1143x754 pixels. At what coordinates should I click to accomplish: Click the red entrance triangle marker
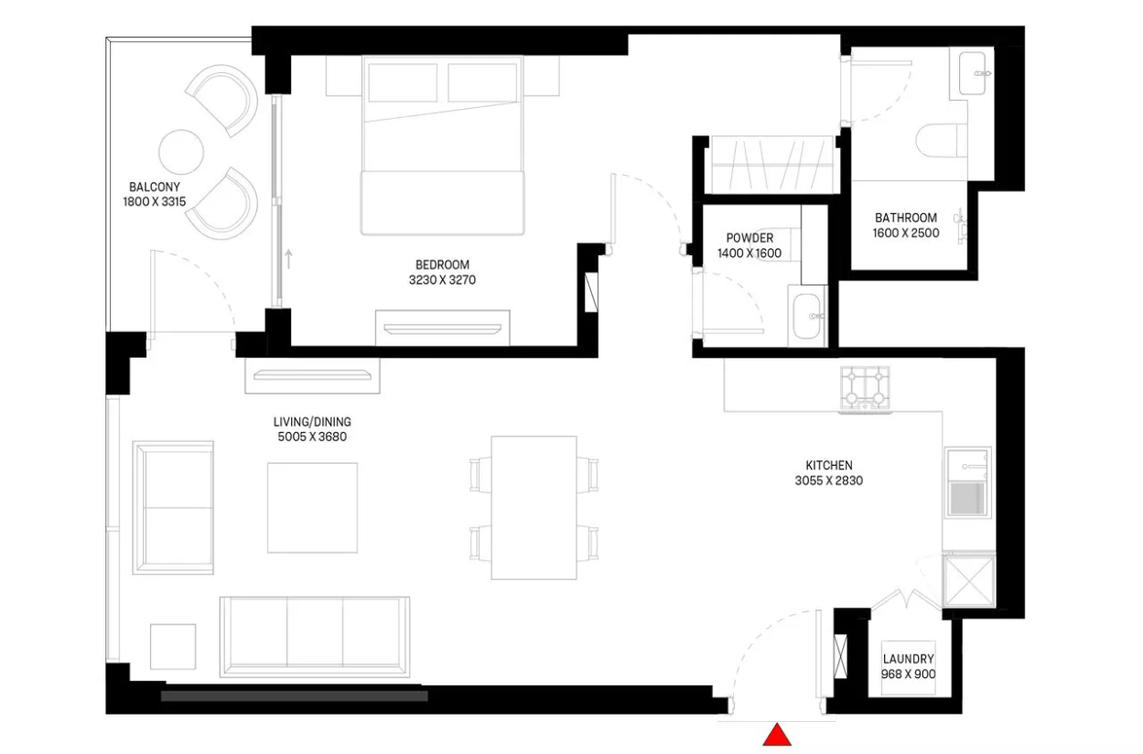click(x=777, y=735)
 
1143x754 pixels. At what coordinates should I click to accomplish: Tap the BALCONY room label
click(x=154, y=188)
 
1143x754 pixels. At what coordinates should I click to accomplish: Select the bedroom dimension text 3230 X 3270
click(x=442, y=280)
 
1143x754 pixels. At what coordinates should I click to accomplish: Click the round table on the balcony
click(x=181, y=152)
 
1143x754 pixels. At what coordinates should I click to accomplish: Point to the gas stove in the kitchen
click(x=865, y=388)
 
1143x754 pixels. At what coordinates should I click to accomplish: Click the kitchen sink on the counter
click(x=967, y=482)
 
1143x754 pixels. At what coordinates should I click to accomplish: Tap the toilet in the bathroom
click(x=942, y=140)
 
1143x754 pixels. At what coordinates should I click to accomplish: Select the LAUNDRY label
click(x=909, y=659)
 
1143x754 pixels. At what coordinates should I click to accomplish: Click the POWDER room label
click(x=749, y=238)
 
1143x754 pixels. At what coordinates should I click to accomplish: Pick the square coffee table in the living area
click(x=312, y=508)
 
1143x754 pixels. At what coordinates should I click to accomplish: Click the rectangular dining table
click(x=534, y=508)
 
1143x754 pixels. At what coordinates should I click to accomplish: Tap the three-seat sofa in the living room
click(x=315, y=637)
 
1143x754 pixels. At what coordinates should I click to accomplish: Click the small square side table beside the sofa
click(x=173, y=646)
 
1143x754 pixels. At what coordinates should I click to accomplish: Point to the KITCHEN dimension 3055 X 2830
click(x=829, y=480)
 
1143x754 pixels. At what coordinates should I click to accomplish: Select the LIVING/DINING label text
click(x=312, y=422)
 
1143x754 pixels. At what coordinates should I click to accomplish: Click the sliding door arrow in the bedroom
click(x=288, y=259)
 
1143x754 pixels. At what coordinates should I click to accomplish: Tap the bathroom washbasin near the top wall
click(x=973, y=73)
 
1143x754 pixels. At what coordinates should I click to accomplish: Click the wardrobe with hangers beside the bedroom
click(x=772, y=165)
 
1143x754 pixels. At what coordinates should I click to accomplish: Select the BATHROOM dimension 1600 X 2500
click(x=906, y=233)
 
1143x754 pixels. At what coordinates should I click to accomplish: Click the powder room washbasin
click(x=807, y=317)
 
